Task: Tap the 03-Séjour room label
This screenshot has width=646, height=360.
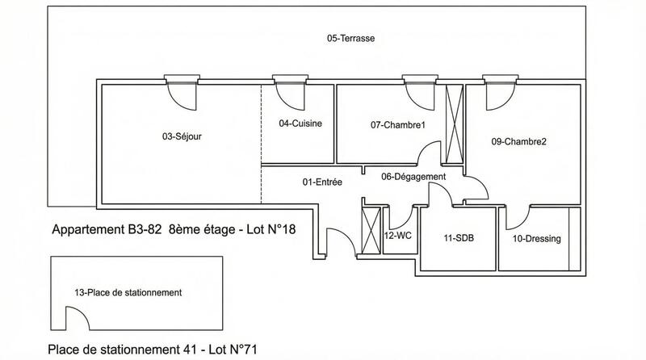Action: pyautogui.click(x=182, y=136)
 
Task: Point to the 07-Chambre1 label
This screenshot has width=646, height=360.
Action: pyautogui.click(x=397, y=124)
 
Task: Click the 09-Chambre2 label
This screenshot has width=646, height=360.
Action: pyautogui.click(x=519, y=141)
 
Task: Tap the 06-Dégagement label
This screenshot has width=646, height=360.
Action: pyautogui.click(x=413, y=177)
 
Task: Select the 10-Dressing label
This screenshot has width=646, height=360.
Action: pyautogui.click(x=536, y=239)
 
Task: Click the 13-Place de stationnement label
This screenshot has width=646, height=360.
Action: pyautogui.click(x=128, y=292)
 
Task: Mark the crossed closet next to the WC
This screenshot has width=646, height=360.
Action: pyautogui.click(x=371, y=231)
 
